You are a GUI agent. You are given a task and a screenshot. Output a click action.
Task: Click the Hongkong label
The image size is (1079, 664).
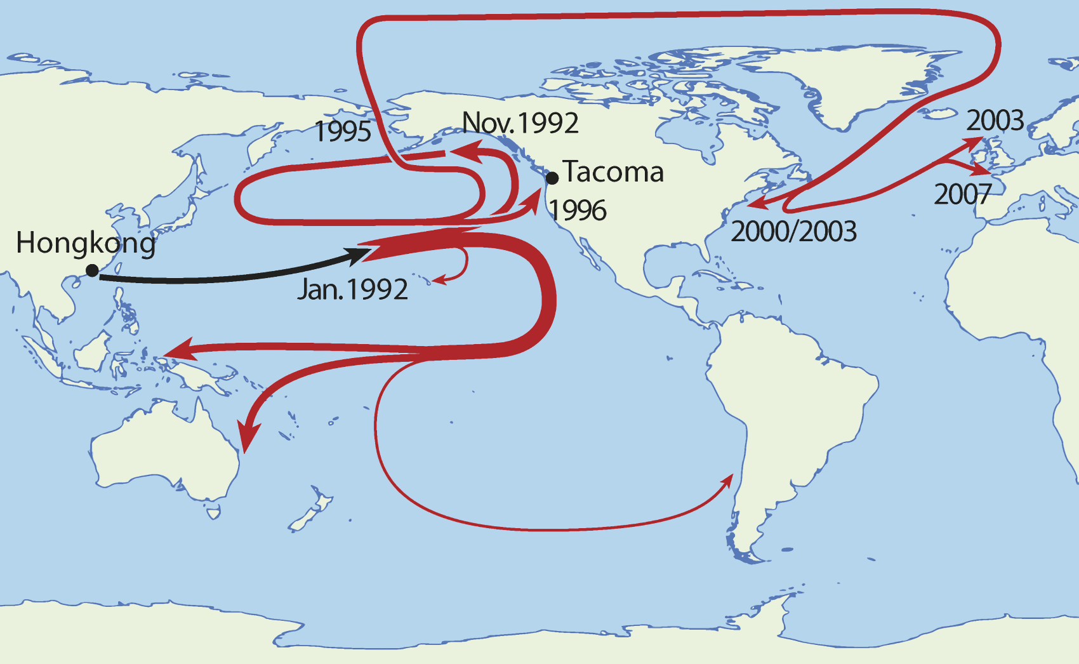(86, 243)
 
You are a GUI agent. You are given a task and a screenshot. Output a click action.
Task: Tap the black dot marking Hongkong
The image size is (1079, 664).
(92, 271)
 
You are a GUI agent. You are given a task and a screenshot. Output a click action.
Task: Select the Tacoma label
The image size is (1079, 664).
(613, 172)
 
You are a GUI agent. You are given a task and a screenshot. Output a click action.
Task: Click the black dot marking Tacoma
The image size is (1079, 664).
(552, 178)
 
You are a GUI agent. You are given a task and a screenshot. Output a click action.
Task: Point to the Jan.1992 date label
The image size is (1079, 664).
(353, 289)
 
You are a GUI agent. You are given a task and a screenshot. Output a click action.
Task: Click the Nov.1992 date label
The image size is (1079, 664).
(520, 123)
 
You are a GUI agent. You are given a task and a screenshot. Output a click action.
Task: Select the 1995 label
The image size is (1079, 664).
(343, 131)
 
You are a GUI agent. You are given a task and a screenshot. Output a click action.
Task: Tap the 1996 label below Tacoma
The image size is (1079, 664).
(578, 211)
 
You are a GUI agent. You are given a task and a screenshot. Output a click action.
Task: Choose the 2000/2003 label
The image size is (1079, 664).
(793, 232)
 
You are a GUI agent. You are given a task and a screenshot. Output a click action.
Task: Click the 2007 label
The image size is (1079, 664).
(962, 194)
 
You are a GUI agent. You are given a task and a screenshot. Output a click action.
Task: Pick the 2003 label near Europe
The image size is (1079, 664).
(995, 120)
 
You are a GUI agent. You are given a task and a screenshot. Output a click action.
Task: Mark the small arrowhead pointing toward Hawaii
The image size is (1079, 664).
(437, 280)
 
